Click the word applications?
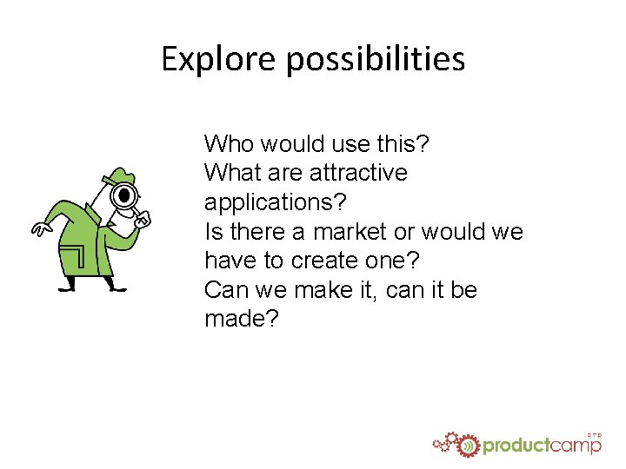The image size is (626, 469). click(x=275, y=202)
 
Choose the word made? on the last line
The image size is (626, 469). click(x=242, y=319)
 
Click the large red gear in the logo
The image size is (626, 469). click(x=469, y=445)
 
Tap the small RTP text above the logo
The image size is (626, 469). click(x=595, y=434)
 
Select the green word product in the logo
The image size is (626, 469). click(x=516, y=446)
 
